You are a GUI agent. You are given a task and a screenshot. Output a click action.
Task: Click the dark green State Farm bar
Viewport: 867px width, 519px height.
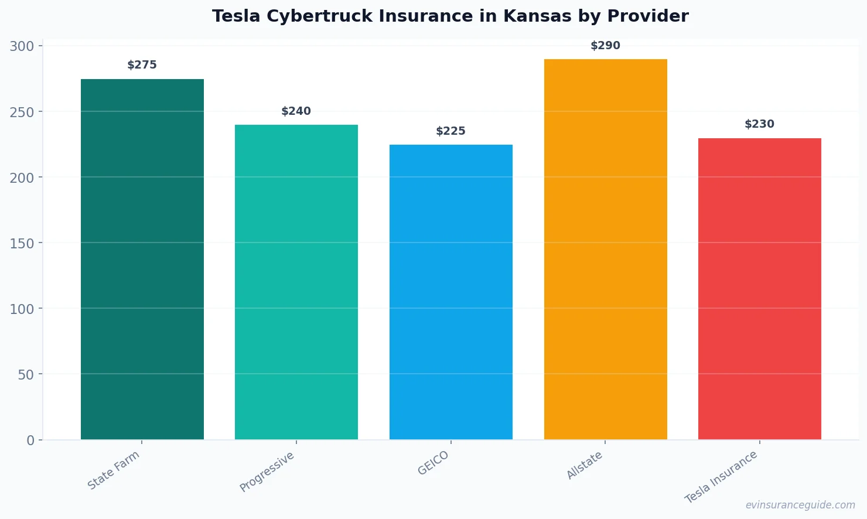142,259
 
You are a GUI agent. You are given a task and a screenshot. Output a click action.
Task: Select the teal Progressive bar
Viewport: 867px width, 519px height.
296,282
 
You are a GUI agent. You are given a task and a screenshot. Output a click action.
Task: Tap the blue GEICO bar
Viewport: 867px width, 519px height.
451,292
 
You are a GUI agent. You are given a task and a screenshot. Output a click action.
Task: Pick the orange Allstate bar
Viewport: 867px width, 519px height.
605,249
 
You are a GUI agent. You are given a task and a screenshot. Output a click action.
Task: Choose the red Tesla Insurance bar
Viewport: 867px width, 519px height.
760,288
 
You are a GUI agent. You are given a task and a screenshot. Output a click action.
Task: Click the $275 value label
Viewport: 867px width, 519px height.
142,65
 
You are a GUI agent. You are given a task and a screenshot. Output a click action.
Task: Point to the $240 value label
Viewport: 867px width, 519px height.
296,111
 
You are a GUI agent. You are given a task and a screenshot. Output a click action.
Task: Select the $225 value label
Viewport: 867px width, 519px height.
451,131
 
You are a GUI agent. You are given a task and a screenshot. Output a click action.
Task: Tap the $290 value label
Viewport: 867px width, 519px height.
605,46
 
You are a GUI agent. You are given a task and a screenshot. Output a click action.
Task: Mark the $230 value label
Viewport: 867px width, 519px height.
760,124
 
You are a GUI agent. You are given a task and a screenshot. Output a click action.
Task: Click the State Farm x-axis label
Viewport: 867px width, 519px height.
114,470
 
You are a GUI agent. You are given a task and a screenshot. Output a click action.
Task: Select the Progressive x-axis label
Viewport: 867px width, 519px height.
267,472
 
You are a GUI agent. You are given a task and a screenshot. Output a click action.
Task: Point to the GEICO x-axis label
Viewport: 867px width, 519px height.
433,463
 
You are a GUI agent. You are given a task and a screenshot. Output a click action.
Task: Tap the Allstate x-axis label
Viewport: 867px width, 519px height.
585,466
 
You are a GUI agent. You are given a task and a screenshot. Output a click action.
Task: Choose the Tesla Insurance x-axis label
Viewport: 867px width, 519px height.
721,477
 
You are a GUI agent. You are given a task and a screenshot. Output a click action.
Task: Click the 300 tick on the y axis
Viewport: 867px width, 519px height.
22,46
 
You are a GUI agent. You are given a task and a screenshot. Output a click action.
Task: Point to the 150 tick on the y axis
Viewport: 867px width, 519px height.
22,243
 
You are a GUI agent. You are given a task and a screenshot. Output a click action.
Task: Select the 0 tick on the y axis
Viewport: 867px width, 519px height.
30,441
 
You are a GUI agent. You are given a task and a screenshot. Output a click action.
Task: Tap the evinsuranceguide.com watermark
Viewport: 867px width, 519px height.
800,505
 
